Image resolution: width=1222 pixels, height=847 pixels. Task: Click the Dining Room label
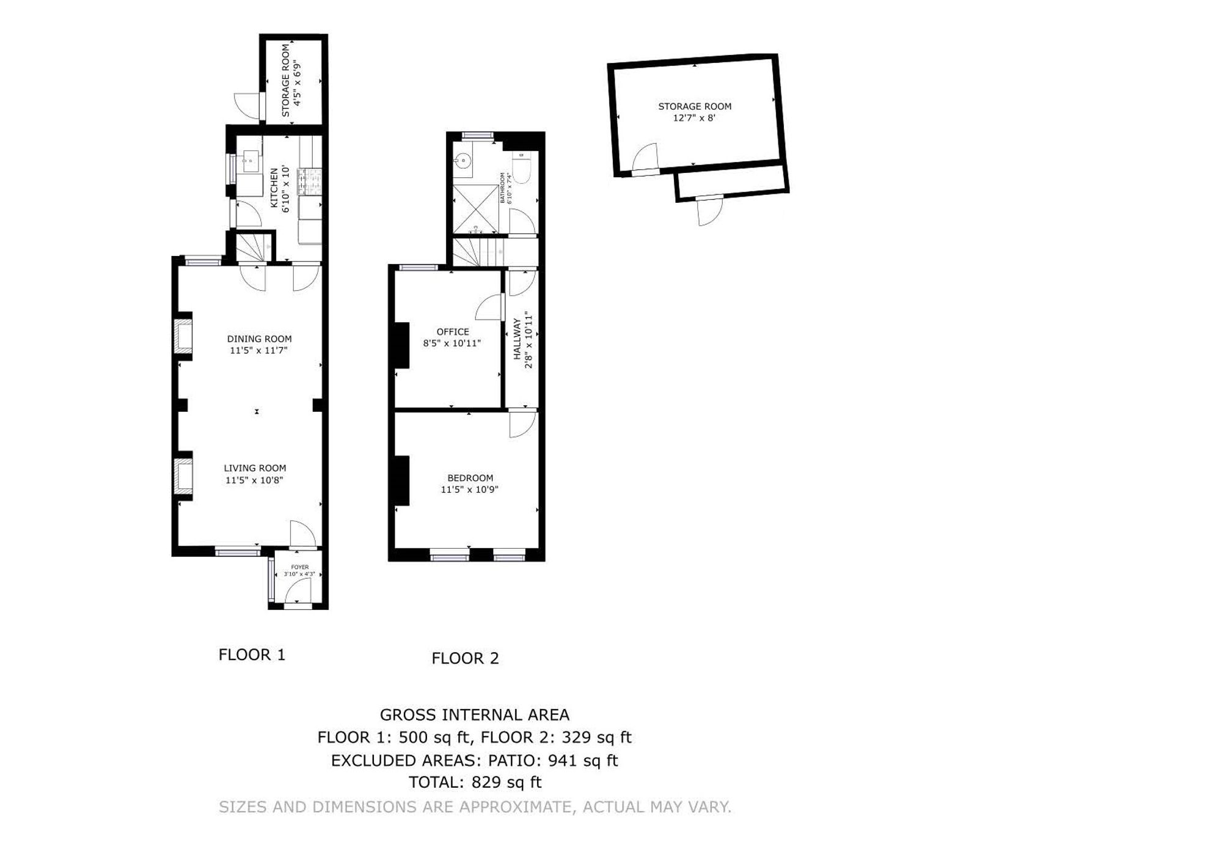tap(259, 339)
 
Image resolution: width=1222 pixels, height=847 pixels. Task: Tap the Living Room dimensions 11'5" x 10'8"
tap(254, 480)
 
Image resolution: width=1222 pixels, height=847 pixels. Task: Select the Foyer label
tap(299, 567)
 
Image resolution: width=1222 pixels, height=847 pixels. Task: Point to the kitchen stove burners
tap(309, 182)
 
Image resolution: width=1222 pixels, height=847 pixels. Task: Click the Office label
tap(453, 331)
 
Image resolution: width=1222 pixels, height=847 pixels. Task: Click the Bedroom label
tap(470, 478)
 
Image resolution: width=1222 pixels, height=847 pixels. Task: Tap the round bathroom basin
tap(463, 161)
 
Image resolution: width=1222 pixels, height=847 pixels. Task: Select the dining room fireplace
tap(183, 335)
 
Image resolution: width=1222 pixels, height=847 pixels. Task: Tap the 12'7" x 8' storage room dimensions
tap(694, 118)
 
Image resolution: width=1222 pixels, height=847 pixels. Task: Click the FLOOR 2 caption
tap(465, 658)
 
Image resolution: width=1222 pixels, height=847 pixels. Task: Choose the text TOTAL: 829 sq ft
tap(475, 782)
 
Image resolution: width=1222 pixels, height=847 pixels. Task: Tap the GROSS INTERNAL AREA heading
tap(474, 714)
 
